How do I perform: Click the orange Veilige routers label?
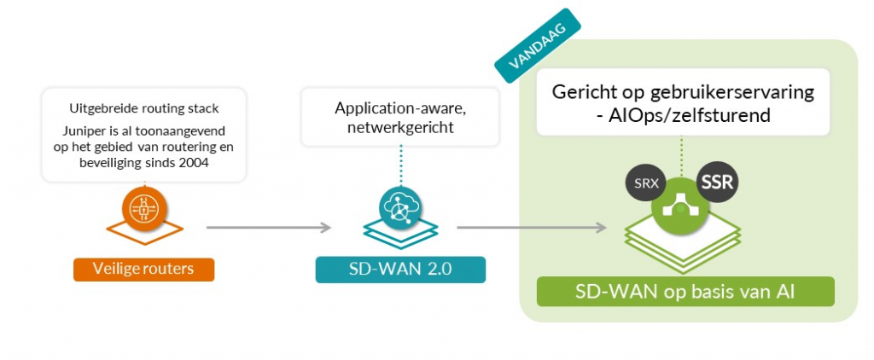pos(143,269)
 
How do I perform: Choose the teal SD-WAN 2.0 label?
pos(400,270)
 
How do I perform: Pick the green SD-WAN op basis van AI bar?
pos(685,292)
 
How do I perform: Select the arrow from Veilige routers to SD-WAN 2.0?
pos(268,228)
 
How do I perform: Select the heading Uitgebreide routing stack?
pos(143,108)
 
